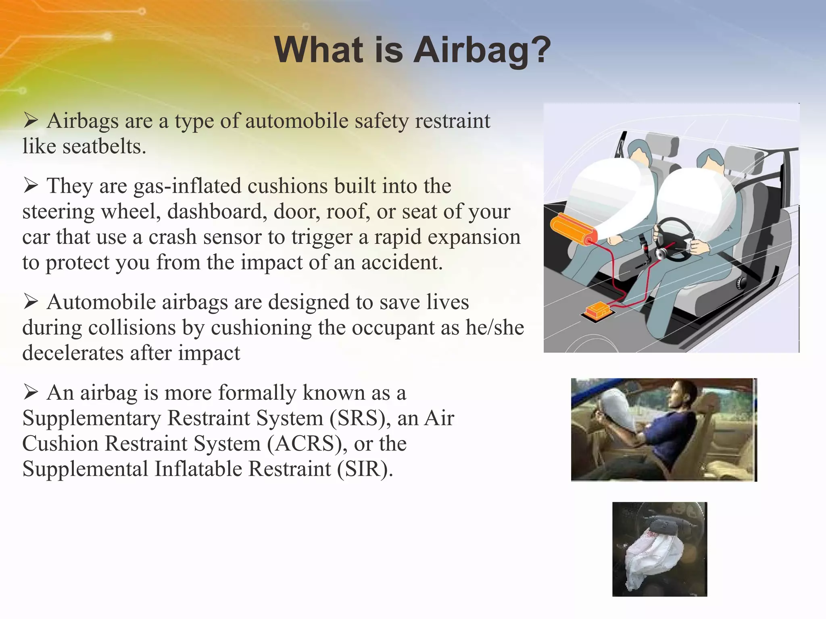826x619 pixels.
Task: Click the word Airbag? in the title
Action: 482,50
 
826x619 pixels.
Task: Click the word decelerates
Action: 73,353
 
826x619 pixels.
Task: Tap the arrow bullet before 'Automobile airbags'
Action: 30,301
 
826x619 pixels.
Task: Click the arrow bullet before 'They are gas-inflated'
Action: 30,185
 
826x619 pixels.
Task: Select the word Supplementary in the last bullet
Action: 92,419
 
